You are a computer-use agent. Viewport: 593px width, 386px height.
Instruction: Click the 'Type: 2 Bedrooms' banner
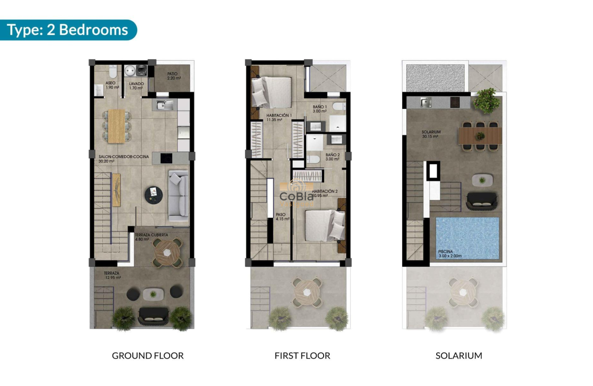[68, 30]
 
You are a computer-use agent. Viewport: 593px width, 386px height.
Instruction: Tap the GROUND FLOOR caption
[148, 356]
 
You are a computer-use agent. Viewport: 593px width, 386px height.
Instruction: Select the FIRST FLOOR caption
[302, 356]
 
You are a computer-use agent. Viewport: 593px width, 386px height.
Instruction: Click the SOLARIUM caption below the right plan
[459, 356]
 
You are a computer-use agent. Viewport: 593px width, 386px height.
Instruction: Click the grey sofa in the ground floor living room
[178, 195]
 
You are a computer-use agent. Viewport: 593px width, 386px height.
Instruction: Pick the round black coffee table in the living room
[154, 194]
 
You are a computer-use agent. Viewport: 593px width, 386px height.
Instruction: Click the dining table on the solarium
[480, 136]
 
